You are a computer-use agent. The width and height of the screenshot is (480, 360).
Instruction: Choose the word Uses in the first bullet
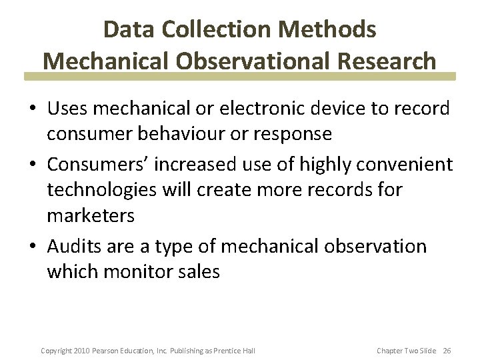[x=69, y=108]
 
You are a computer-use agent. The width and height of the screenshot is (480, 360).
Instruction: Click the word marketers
[x=91, y=216]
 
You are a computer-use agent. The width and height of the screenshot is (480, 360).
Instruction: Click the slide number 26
[x=447, y=351]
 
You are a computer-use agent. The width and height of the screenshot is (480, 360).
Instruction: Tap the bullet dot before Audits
[x=34, y=247]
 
